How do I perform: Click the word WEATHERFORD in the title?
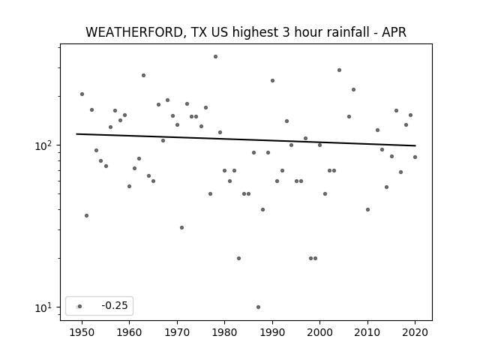click(134, 32)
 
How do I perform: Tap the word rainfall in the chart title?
click(349, 32)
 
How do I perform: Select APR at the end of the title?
click(394, 32)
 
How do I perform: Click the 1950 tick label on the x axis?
click(82, 332)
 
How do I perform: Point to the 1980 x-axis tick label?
click(224, 332)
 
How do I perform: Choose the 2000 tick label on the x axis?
click(320, 332)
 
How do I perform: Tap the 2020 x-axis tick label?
click(415, 332)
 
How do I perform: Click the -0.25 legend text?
click(115, 305)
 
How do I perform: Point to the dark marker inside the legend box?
click(80, 306)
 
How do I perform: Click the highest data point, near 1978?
click(215, 57)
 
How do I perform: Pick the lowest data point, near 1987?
click(258, 307)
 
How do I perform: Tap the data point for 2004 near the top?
click(339, 70)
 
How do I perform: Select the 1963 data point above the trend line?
click(143, 75)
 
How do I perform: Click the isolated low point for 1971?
click(181, 227)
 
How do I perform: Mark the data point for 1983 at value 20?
click(238, 258)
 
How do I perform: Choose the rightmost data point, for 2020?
click(415, 157)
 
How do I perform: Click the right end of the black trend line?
click(415, 145)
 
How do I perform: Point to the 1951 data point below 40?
click(87, 215)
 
